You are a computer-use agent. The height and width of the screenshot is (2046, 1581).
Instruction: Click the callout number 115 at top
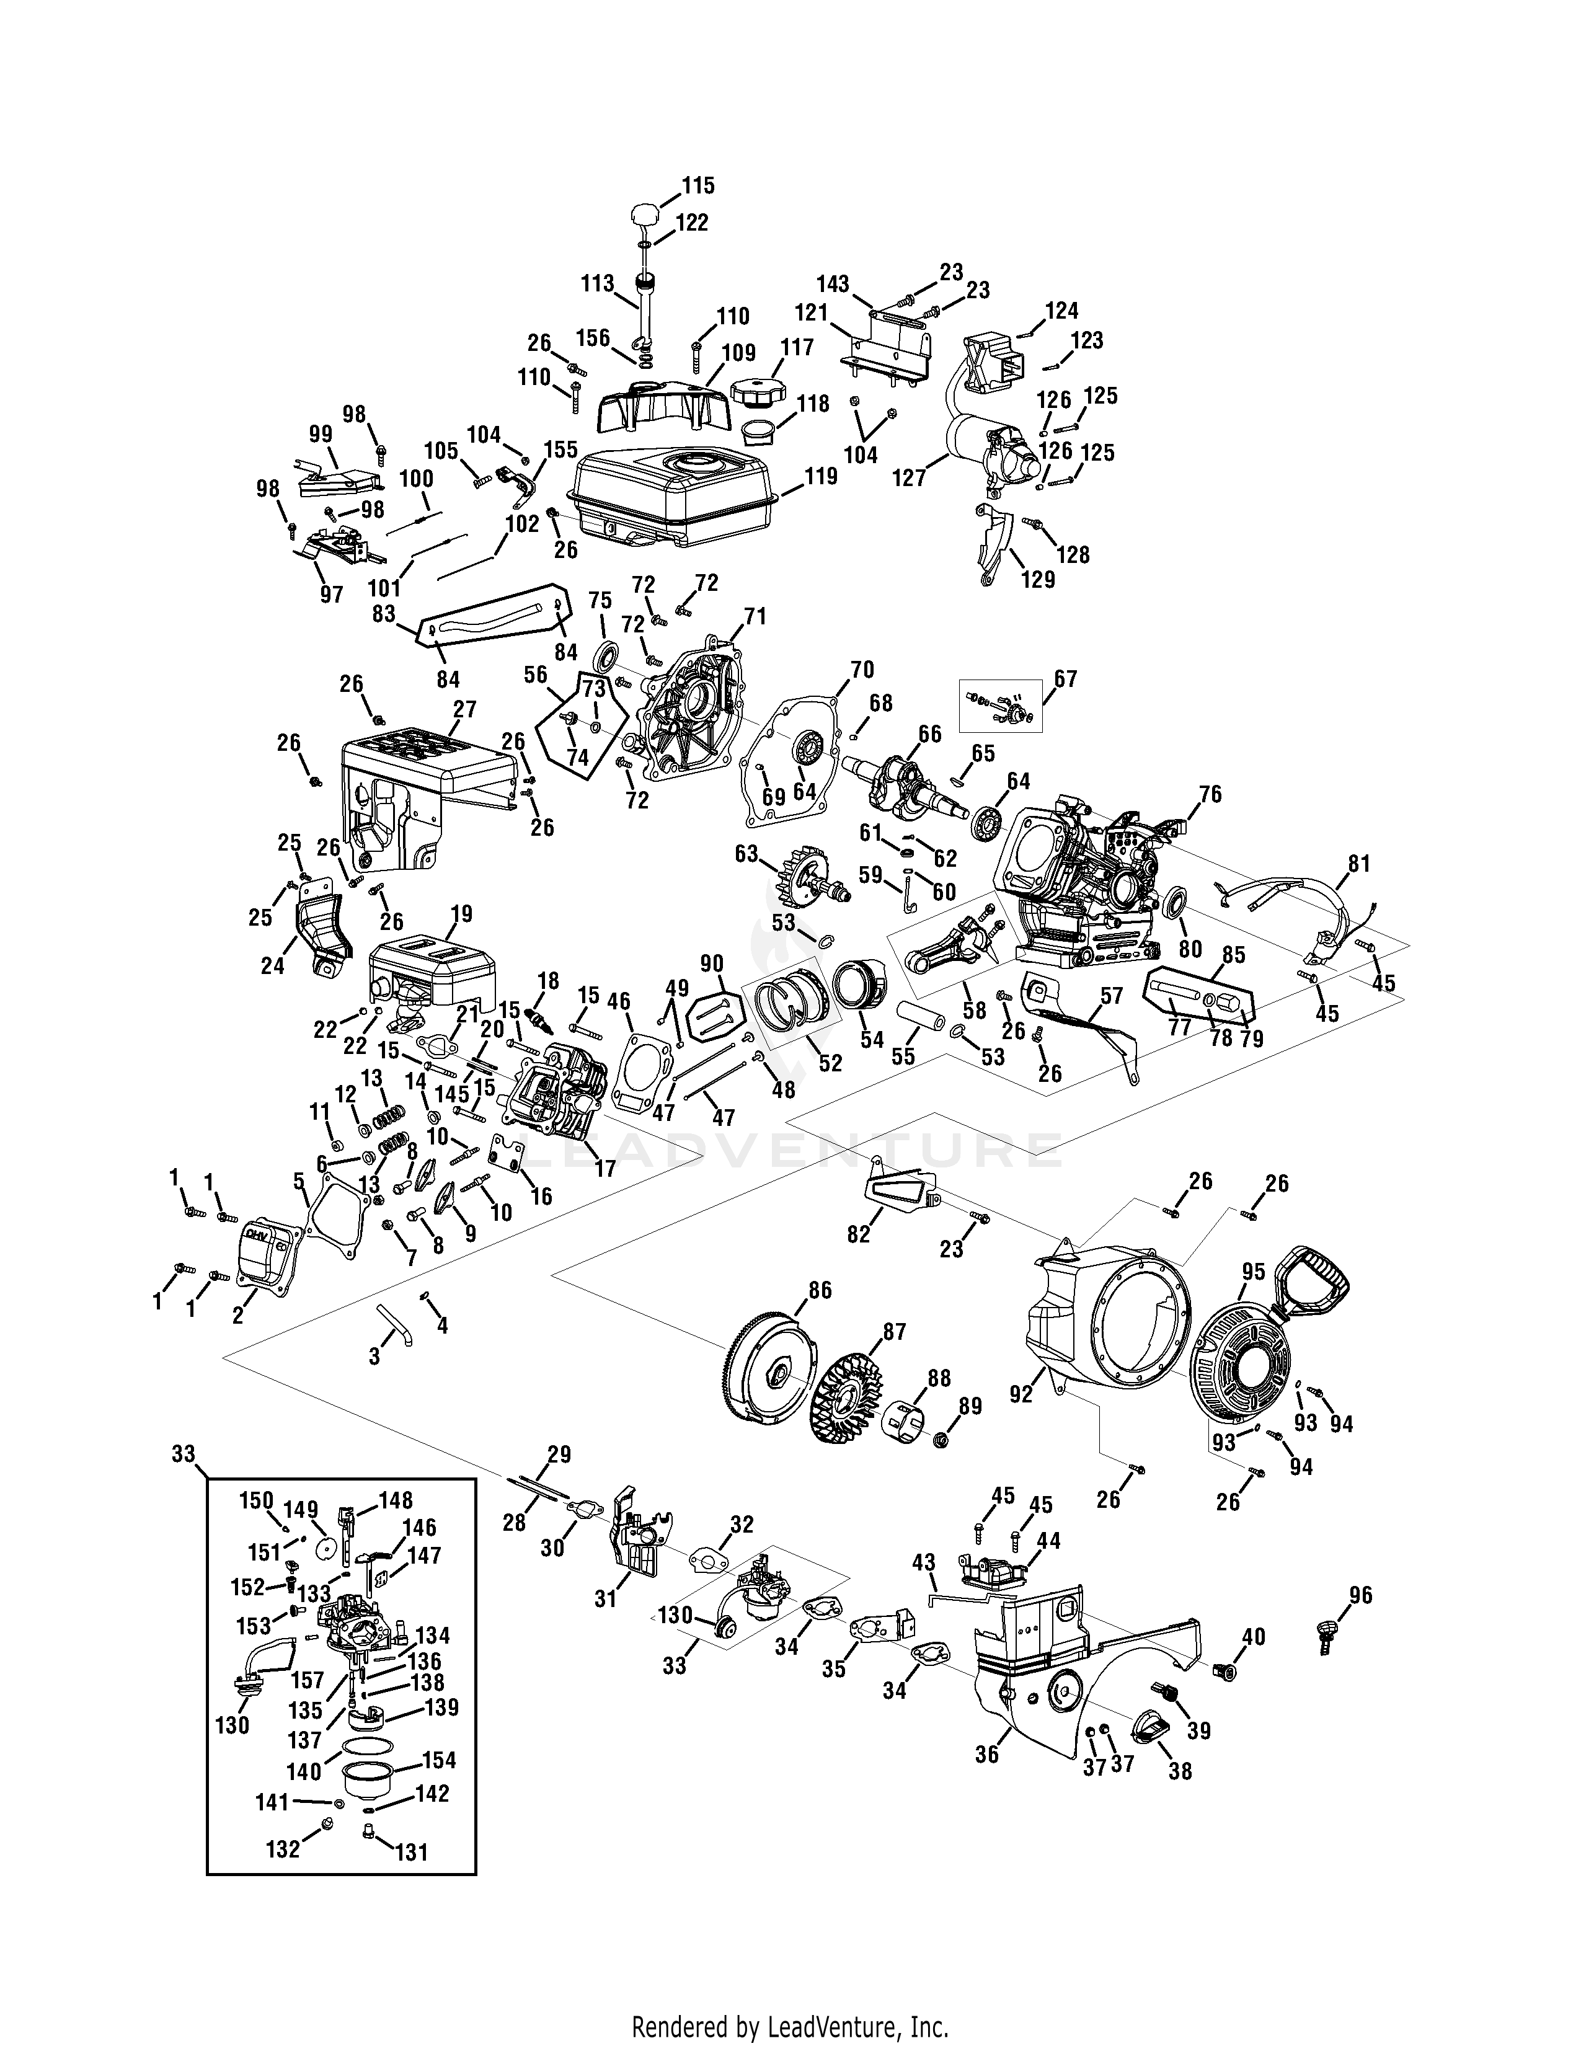pos(697,185)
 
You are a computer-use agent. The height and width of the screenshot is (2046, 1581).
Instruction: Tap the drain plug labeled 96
pos(1324,1635)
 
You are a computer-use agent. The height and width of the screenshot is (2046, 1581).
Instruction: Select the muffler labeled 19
pos(426,965)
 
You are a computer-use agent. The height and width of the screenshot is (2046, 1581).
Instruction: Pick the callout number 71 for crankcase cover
pos(755,616)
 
